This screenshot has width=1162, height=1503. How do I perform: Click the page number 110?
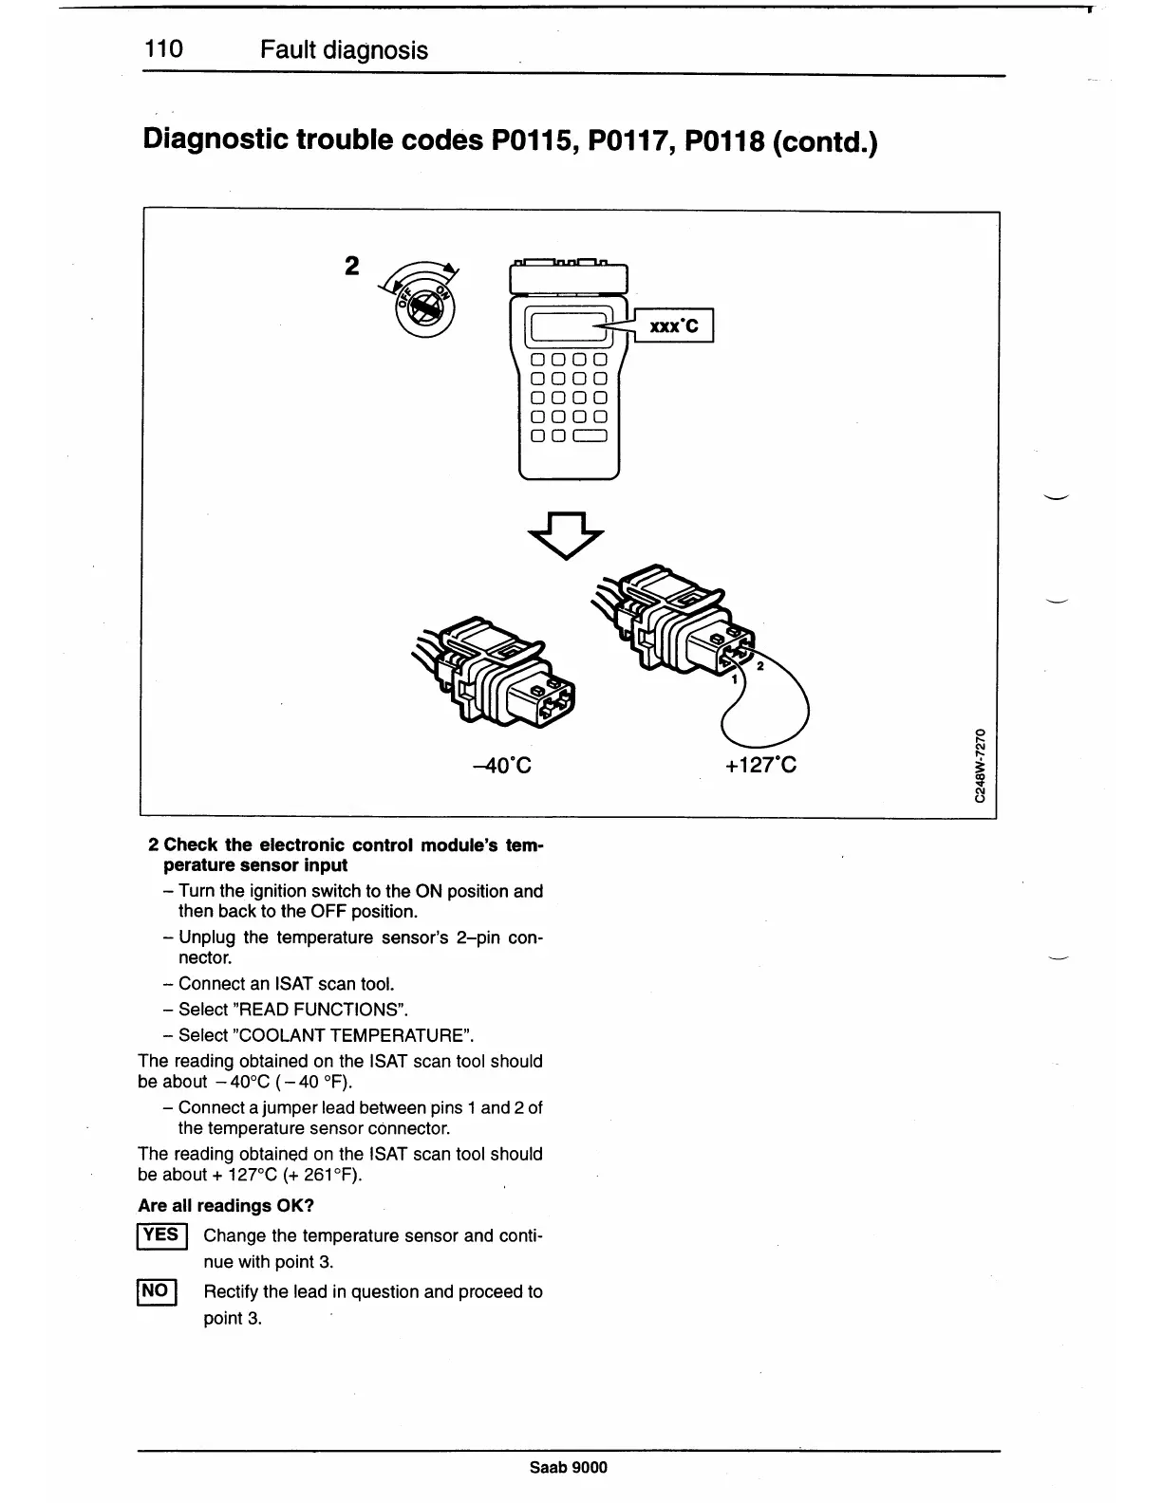tap(162, 49)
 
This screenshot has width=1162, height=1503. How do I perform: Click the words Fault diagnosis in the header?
tap(344, 50)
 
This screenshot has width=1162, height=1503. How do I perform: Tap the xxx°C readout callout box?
tap(673, 326)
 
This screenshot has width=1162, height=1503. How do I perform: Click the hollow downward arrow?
tap(565, 535)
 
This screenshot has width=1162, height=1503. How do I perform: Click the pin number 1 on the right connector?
tap(734, 677)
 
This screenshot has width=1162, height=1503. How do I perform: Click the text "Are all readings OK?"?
tap(226, 1206)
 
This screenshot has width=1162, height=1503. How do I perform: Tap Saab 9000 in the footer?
tap(568, 1467)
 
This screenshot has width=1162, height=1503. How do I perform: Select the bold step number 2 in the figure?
tap(351, 267)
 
